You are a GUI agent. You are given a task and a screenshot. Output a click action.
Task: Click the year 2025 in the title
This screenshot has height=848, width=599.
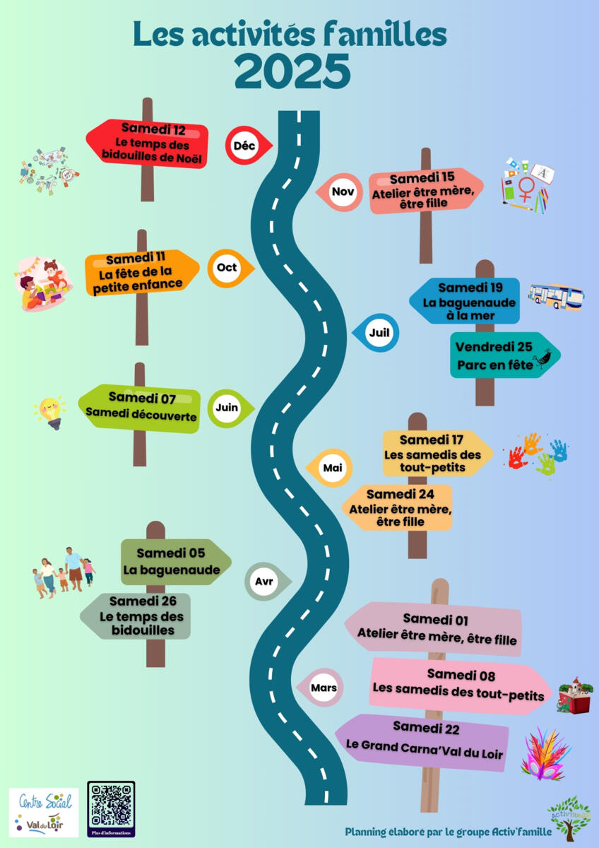tap(292, 71)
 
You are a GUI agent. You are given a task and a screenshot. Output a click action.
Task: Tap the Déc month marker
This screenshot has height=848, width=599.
tap(244, 146)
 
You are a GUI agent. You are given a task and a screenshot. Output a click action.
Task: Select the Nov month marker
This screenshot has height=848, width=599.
tap(342, 192)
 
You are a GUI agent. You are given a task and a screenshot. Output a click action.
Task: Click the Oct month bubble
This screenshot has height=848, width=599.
tap(227, 268)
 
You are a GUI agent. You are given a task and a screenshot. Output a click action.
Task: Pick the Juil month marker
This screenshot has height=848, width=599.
tap(379, 332)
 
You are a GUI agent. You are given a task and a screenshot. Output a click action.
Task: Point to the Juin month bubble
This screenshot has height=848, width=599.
tap(227, 408)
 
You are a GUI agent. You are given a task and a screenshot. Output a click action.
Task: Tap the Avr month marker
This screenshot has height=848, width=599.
tap(265, 582)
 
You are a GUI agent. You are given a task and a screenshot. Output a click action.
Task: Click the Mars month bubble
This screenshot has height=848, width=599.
tap(324, 687)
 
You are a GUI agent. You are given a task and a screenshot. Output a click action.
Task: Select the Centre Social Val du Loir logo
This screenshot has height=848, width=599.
tap(43, 813)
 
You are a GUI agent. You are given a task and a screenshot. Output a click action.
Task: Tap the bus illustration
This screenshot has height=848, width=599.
tap(555, 295)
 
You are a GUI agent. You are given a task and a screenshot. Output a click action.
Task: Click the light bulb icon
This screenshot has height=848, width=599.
tap(50, 412)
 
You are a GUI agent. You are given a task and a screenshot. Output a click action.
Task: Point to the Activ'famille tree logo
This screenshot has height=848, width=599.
tap(569, 815)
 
